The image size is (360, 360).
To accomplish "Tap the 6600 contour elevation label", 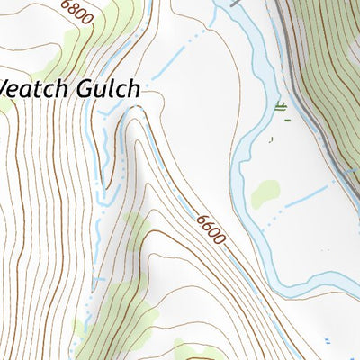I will click(x=209, y=230).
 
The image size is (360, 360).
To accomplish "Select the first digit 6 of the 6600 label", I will click(x=198, y=217).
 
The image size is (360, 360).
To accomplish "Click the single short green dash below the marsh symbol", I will click(x=271, y=139).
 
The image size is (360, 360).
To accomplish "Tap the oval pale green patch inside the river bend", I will click(x=265, y=192).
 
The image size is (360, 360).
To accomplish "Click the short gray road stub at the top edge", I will click(x=237, y=4).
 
